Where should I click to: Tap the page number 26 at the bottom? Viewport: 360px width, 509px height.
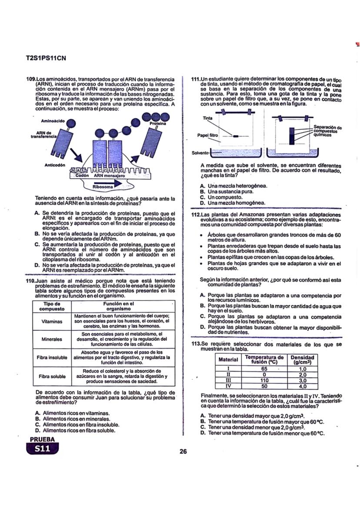[183, 451]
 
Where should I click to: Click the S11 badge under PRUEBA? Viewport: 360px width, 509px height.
[43, 449]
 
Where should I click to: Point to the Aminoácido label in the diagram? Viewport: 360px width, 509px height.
[53, 120]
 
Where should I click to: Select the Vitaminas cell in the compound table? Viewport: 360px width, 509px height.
[49, 322]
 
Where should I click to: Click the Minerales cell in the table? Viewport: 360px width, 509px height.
[49, 339]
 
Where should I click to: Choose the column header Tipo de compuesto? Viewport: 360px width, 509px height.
[49, 306]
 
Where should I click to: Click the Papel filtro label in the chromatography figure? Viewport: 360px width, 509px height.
[207, 136]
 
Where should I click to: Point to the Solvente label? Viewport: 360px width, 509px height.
[200, 153]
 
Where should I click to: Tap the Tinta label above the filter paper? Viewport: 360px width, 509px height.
[207, 118]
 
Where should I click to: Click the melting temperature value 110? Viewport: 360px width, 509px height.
[264, 380]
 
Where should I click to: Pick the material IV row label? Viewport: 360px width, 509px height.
[228, 386]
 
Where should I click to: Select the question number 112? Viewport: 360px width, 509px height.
[196, 215]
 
